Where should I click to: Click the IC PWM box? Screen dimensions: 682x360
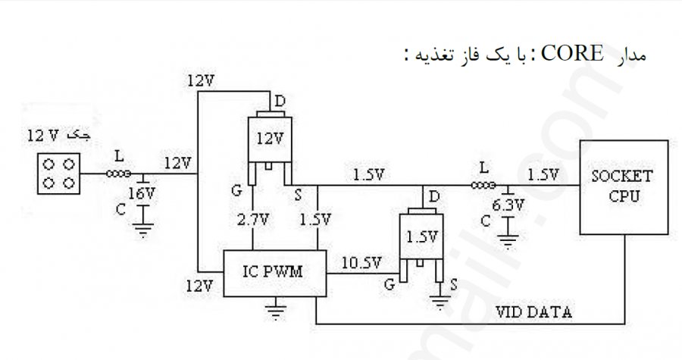[275, 274]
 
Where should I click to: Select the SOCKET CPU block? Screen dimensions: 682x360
[624, 187]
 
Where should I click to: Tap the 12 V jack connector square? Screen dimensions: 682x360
[58, 174]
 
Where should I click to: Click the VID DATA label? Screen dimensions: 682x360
[533, 312]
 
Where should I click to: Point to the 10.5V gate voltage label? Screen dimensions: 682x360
[361, 263]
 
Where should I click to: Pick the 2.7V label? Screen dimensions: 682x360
[252, 220]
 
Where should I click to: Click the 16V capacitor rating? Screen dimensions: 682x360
[142, 193]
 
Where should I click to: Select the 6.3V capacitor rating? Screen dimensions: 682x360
[508, 205]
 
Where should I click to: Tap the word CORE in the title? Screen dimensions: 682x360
[572, 54]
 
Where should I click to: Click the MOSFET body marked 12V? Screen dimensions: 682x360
[270, 139]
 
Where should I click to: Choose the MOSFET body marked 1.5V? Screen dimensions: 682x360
[421, 236]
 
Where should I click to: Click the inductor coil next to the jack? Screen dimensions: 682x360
[118, 174]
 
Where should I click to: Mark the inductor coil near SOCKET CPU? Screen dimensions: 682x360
[483, 185]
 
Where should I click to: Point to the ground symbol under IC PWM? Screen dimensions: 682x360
[275, 309]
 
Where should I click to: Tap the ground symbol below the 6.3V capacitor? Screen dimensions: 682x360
[508, 240]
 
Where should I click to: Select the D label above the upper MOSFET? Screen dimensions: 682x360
[280, 102]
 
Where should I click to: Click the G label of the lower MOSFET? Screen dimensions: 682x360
[389, 285]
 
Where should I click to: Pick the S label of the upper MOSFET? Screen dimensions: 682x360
[298, 195]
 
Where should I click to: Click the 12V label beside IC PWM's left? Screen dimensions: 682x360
[199, 286]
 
